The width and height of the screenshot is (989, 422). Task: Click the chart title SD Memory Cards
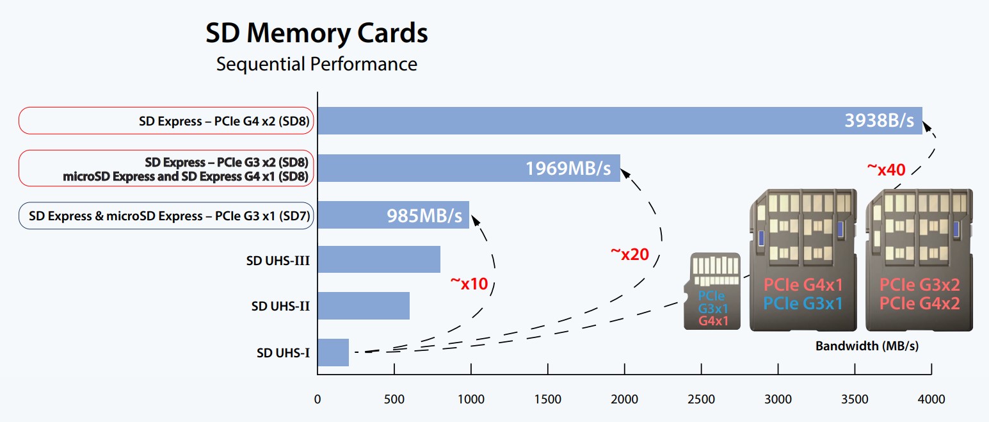click(x=317, y=33)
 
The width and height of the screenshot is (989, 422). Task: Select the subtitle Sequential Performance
click(x=317, y=64)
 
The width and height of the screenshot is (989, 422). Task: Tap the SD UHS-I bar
click(x=334, y=353)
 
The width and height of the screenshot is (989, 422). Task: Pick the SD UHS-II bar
click(x=364, y=306)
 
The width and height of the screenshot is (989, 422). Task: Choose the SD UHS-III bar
click(x=379, y=259)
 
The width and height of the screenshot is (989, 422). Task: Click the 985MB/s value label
click(x=424, y=216)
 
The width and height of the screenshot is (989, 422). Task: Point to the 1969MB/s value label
click(x=568, y=168)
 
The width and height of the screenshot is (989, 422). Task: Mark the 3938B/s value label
click(x=879, y=120)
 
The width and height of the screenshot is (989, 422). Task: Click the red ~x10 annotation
click(x=469, y=284)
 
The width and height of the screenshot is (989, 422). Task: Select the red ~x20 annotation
click(x=630, y=254)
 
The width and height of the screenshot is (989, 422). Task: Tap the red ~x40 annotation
click(x=886, y=170)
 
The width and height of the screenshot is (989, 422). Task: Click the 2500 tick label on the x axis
click(x=701, y=400)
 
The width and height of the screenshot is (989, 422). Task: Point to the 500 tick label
click(x=394, y=400)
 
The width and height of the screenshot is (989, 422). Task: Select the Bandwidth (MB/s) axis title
click(x=867, y=346)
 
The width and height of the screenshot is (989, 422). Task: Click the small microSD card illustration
click(x=712, y=291)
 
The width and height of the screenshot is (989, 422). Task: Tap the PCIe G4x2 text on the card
click(x=920, y=304)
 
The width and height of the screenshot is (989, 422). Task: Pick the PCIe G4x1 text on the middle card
click(x=803, y=285)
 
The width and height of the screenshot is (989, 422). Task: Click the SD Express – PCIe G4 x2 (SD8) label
click(x=224, y=121)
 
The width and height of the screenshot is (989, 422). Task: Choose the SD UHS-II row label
click(x=280, y=306)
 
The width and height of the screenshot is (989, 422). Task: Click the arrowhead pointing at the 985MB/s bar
click(x=475, y=220)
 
